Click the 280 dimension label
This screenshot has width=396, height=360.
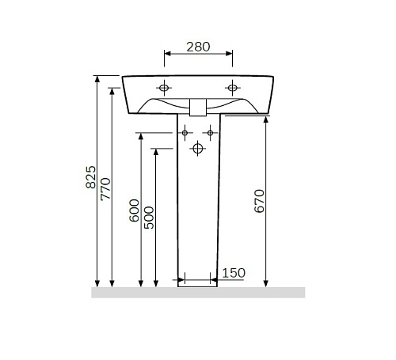198,47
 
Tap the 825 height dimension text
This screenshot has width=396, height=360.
91,177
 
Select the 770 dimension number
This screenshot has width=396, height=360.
105,189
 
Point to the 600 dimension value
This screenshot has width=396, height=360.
134,210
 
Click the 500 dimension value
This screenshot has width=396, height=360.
149,218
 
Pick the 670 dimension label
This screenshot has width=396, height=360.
259,201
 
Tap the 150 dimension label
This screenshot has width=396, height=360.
234,273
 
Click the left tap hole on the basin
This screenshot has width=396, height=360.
164,88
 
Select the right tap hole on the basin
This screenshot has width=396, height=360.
233,88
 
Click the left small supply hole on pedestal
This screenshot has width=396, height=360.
185,133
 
